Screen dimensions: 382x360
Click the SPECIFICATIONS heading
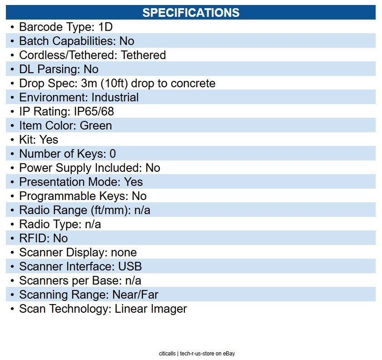[x=191, y=13]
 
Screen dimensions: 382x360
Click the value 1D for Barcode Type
[x=105, y=27]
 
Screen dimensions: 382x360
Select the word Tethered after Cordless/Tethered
[x=144, y=55]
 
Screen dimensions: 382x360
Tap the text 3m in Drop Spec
[x=89, y=83]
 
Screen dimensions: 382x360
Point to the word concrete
[x=193, y=83]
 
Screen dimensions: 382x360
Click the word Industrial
[x=115, y=97]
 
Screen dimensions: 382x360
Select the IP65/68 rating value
[x=94, y=112]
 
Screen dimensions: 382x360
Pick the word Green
[x=96, y=126]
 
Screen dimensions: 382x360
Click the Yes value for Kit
[x=49, y=140]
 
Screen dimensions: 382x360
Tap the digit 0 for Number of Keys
[x=113, y=154]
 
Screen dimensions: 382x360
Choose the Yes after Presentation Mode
[x=133, y=182]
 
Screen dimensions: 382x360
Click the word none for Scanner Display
[x=124, y=253]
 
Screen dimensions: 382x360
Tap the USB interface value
[x=130, y=267]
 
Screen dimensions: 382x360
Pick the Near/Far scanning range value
[x=135, y=295]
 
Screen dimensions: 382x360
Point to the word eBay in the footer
[x=229, y=354]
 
